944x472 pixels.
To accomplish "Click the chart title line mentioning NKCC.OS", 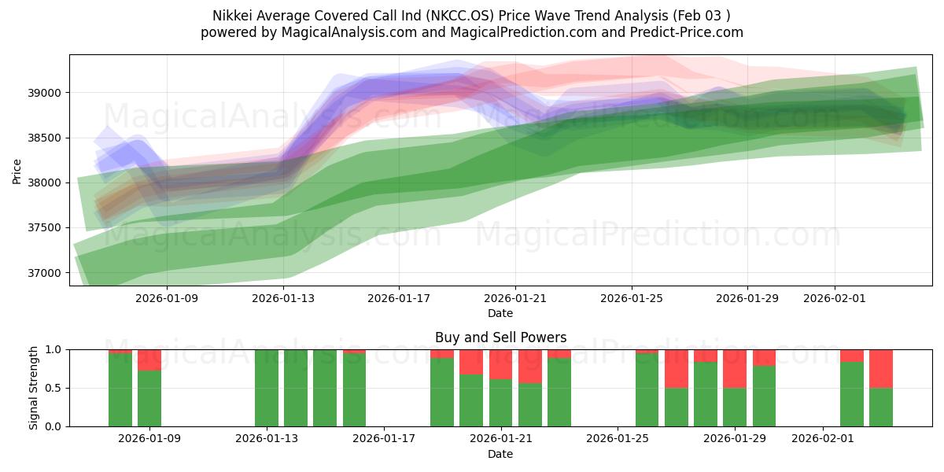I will (x=472, y=16).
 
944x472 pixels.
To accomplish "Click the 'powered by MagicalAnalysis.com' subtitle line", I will (x=472, y=32).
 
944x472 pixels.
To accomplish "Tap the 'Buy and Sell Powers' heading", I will (x=500, y=337).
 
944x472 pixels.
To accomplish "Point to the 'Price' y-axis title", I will (x=17, y=170).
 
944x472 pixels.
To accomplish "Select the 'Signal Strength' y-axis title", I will (x=33, y=388).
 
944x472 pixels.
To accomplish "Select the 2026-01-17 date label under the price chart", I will (x=399, y=299).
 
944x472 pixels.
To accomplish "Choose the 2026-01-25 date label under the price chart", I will (x=632, y=299).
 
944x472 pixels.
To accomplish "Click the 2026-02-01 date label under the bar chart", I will (x=822, y=439).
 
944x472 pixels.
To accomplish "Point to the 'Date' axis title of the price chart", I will (x=500, y=313).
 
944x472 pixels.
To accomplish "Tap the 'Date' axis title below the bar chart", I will (x=500, y=454).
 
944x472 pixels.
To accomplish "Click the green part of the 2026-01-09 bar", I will (x=149, y=398).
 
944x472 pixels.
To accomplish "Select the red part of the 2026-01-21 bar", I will (x=501, y=364).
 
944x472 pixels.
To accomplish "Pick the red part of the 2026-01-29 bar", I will (x=735, y=368).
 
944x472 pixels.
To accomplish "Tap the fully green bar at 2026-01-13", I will (x=267, y=388).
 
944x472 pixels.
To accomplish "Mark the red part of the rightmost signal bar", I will (x=881, y=368).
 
